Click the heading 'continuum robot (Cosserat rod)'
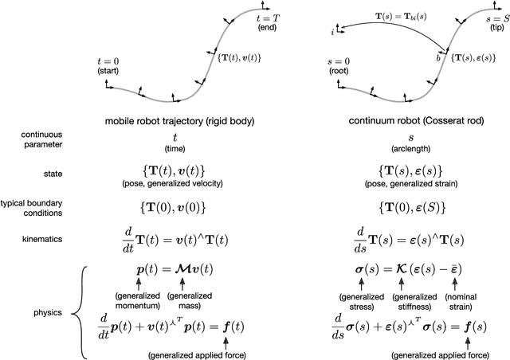pyautogui.click(x=407, y=122)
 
